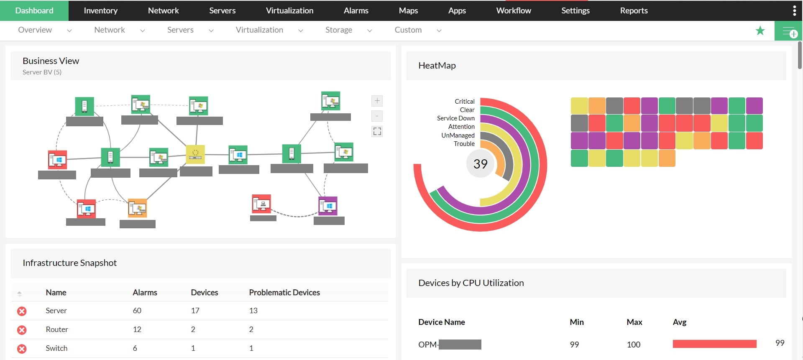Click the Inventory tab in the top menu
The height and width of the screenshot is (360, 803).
coord(100,10)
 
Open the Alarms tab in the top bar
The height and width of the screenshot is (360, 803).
coord(356,10)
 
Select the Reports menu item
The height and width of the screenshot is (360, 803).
coord(634,10)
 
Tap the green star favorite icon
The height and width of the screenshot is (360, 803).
coord(760,31)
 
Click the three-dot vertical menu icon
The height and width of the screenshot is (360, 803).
coord(794,10)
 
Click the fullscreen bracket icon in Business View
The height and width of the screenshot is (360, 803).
coord(377,131)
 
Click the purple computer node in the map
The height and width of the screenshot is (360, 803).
coord(328,206)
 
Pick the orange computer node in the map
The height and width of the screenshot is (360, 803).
coord(138,208)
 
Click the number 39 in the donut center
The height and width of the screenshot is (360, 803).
coord(480,164)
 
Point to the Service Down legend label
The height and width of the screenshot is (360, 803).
coord(455,118)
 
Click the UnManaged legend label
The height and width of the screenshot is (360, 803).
coord(458,135)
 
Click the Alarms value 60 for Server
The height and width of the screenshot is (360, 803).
coord(137,311)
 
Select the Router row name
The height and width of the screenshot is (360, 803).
coord(57,329)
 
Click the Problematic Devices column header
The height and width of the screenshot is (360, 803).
coord(284,293)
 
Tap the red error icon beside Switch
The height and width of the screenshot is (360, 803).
coord(22,349)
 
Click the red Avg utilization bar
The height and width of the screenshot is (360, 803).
coord(714,344)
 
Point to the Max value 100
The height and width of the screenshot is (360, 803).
coord(633,345)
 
